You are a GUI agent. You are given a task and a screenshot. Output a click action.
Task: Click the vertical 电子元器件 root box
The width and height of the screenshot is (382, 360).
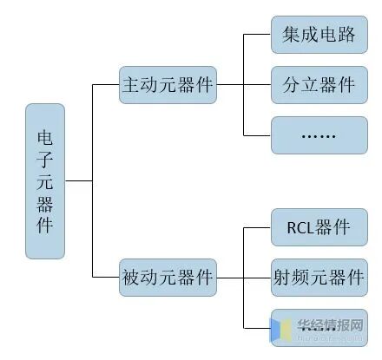(45, 181)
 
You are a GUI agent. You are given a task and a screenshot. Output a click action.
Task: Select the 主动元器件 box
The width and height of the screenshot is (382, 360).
(168, 86)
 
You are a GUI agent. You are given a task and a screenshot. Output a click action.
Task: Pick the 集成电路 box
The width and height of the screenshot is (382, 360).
(319, 36)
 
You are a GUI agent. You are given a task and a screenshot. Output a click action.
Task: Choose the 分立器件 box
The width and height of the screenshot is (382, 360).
(319, 85)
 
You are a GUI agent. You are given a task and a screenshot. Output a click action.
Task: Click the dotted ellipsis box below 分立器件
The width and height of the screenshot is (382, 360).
(319, 135)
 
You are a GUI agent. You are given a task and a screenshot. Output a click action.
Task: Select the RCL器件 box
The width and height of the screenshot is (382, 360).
(319, 228)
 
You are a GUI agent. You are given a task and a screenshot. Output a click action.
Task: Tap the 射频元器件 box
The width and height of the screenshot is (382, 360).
(319, 278)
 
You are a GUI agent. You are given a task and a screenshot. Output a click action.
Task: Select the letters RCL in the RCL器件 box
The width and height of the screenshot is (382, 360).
(300, 228)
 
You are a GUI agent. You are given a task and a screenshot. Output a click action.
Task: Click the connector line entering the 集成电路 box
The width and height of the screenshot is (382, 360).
(257, 36)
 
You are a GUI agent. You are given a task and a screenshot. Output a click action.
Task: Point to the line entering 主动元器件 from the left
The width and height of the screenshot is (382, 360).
(105, 86)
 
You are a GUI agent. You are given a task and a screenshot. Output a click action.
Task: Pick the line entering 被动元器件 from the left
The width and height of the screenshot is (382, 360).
(105, 278)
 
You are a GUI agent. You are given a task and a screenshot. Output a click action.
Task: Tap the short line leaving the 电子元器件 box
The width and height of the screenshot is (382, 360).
(78, 181)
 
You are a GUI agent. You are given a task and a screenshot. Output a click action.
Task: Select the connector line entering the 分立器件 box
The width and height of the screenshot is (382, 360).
(243, 86)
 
